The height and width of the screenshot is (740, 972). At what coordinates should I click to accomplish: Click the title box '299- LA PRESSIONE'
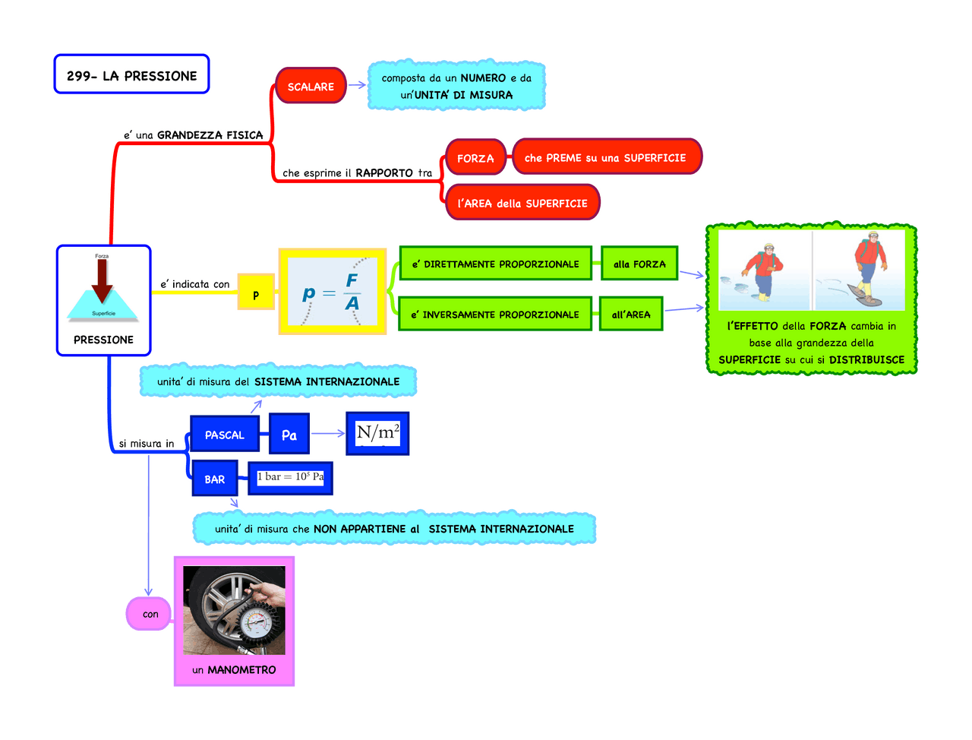(131, 74)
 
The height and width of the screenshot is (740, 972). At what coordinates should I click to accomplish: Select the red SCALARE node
(311, 87)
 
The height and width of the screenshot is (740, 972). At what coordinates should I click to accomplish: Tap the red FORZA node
(475, 158)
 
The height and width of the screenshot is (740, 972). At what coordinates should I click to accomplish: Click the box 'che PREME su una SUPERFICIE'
(606, 157)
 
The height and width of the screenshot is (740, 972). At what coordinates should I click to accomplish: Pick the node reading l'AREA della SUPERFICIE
(522, 203)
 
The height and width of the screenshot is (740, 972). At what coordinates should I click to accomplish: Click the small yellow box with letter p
(255, 295)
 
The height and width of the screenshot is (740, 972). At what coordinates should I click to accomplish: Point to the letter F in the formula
(352, 280)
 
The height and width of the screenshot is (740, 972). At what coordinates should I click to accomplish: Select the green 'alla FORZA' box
(639, 264)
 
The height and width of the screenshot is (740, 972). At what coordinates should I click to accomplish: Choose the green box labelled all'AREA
(631, 314)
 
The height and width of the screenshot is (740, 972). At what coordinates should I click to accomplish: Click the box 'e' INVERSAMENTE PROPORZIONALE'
(494, 314)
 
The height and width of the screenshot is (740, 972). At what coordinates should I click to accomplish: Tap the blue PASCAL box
(225, 435)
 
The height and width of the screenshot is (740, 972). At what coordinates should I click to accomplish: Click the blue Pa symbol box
(289, 435)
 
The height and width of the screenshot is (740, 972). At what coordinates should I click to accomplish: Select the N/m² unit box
(377, 433)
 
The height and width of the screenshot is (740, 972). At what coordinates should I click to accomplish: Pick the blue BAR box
(215, 479)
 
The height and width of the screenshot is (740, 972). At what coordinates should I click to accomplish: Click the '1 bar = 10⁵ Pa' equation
(290, 477)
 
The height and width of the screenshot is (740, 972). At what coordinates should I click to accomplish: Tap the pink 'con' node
(150, 614)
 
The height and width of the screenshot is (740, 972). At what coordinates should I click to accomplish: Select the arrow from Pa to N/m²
(328, 434)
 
